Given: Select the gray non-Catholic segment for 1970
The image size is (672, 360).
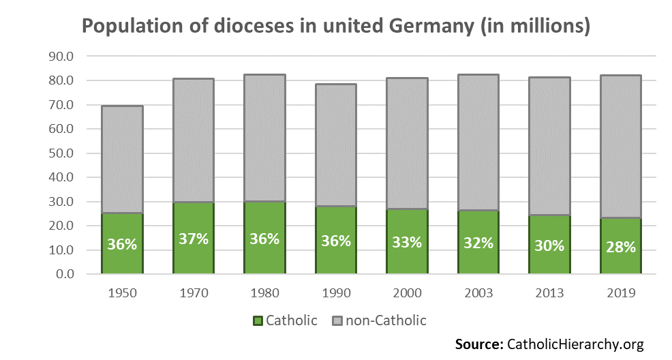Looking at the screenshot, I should [194, 140].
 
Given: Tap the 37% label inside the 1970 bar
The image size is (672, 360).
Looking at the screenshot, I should [194, 240].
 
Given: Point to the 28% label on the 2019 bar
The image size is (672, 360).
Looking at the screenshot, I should [621, 247].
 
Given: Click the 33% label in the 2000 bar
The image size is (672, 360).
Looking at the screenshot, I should [408, 241].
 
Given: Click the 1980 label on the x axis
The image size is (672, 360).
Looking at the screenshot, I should [264, 293].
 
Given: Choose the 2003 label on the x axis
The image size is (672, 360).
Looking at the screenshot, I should [478, 293].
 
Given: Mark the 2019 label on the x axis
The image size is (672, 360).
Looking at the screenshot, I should [621, 293].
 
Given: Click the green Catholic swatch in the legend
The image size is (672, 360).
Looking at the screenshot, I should [258, 320].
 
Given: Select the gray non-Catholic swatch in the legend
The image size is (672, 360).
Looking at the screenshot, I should [337, 320].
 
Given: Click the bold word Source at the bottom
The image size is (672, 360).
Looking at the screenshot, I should [478, 344].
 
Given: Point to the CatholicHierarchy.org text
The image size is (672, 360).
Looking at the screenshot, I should [574, 344].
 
